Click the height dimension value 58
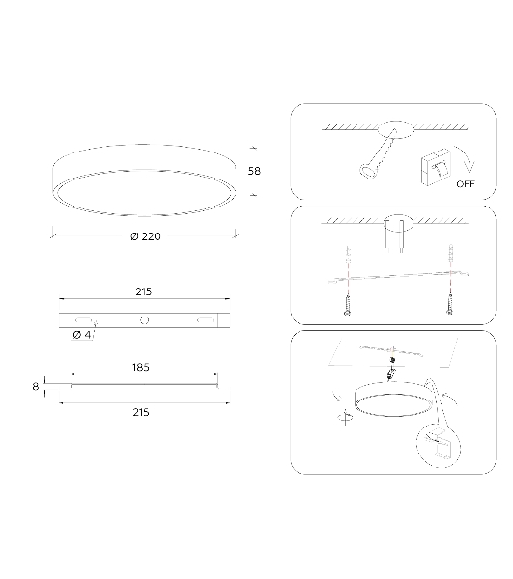[254, 171]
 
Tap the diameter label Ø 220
[146, 236]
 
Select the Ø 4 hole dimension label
[82, 335]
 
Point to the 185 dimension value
[141, 367]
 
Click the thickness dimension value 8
[36, 387]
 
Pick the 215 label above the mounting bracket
[143, 291]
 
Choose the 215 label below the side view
[141, 412]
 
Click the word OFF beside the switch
[466, 184]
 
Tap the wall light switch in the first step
[436, 167]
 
